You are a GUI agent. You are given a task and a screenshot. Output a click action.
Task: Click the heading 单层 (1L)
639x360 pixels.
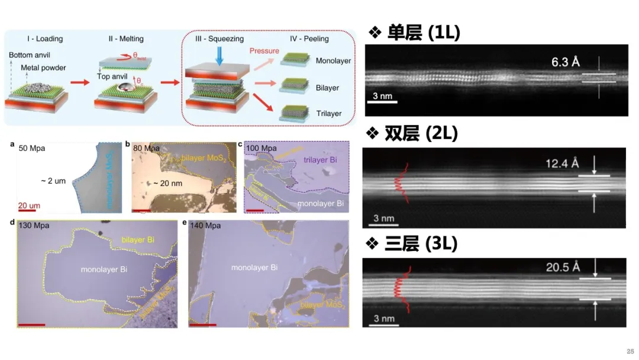[422, 33]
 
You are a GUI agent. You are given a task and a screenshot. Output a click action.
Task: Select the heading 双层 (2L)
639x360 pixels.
[421, 134]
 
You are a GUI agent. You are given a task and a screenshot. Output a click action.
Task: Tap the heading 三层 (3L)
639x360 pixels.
[420, 243]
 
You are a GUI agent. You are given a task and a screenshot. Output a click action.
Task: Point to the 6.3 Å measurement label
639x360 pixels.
[565, 61]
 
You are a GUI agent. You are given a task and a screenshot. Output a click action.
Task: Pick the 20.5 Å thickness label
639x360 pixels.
[563, 268]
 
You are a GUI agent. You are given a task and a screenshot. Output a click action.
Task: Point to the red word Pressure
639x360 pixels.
[264, 51]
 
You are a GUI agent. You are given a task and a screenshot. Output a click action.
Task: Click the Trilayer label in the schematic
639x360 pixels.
[328, 113]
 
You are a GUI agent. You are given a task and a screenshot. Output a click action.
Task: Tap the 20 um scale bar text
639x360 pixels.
[27, 205]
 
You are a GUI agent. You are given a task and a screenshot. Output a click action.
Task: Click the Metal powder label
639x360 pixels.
[43, 67]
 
